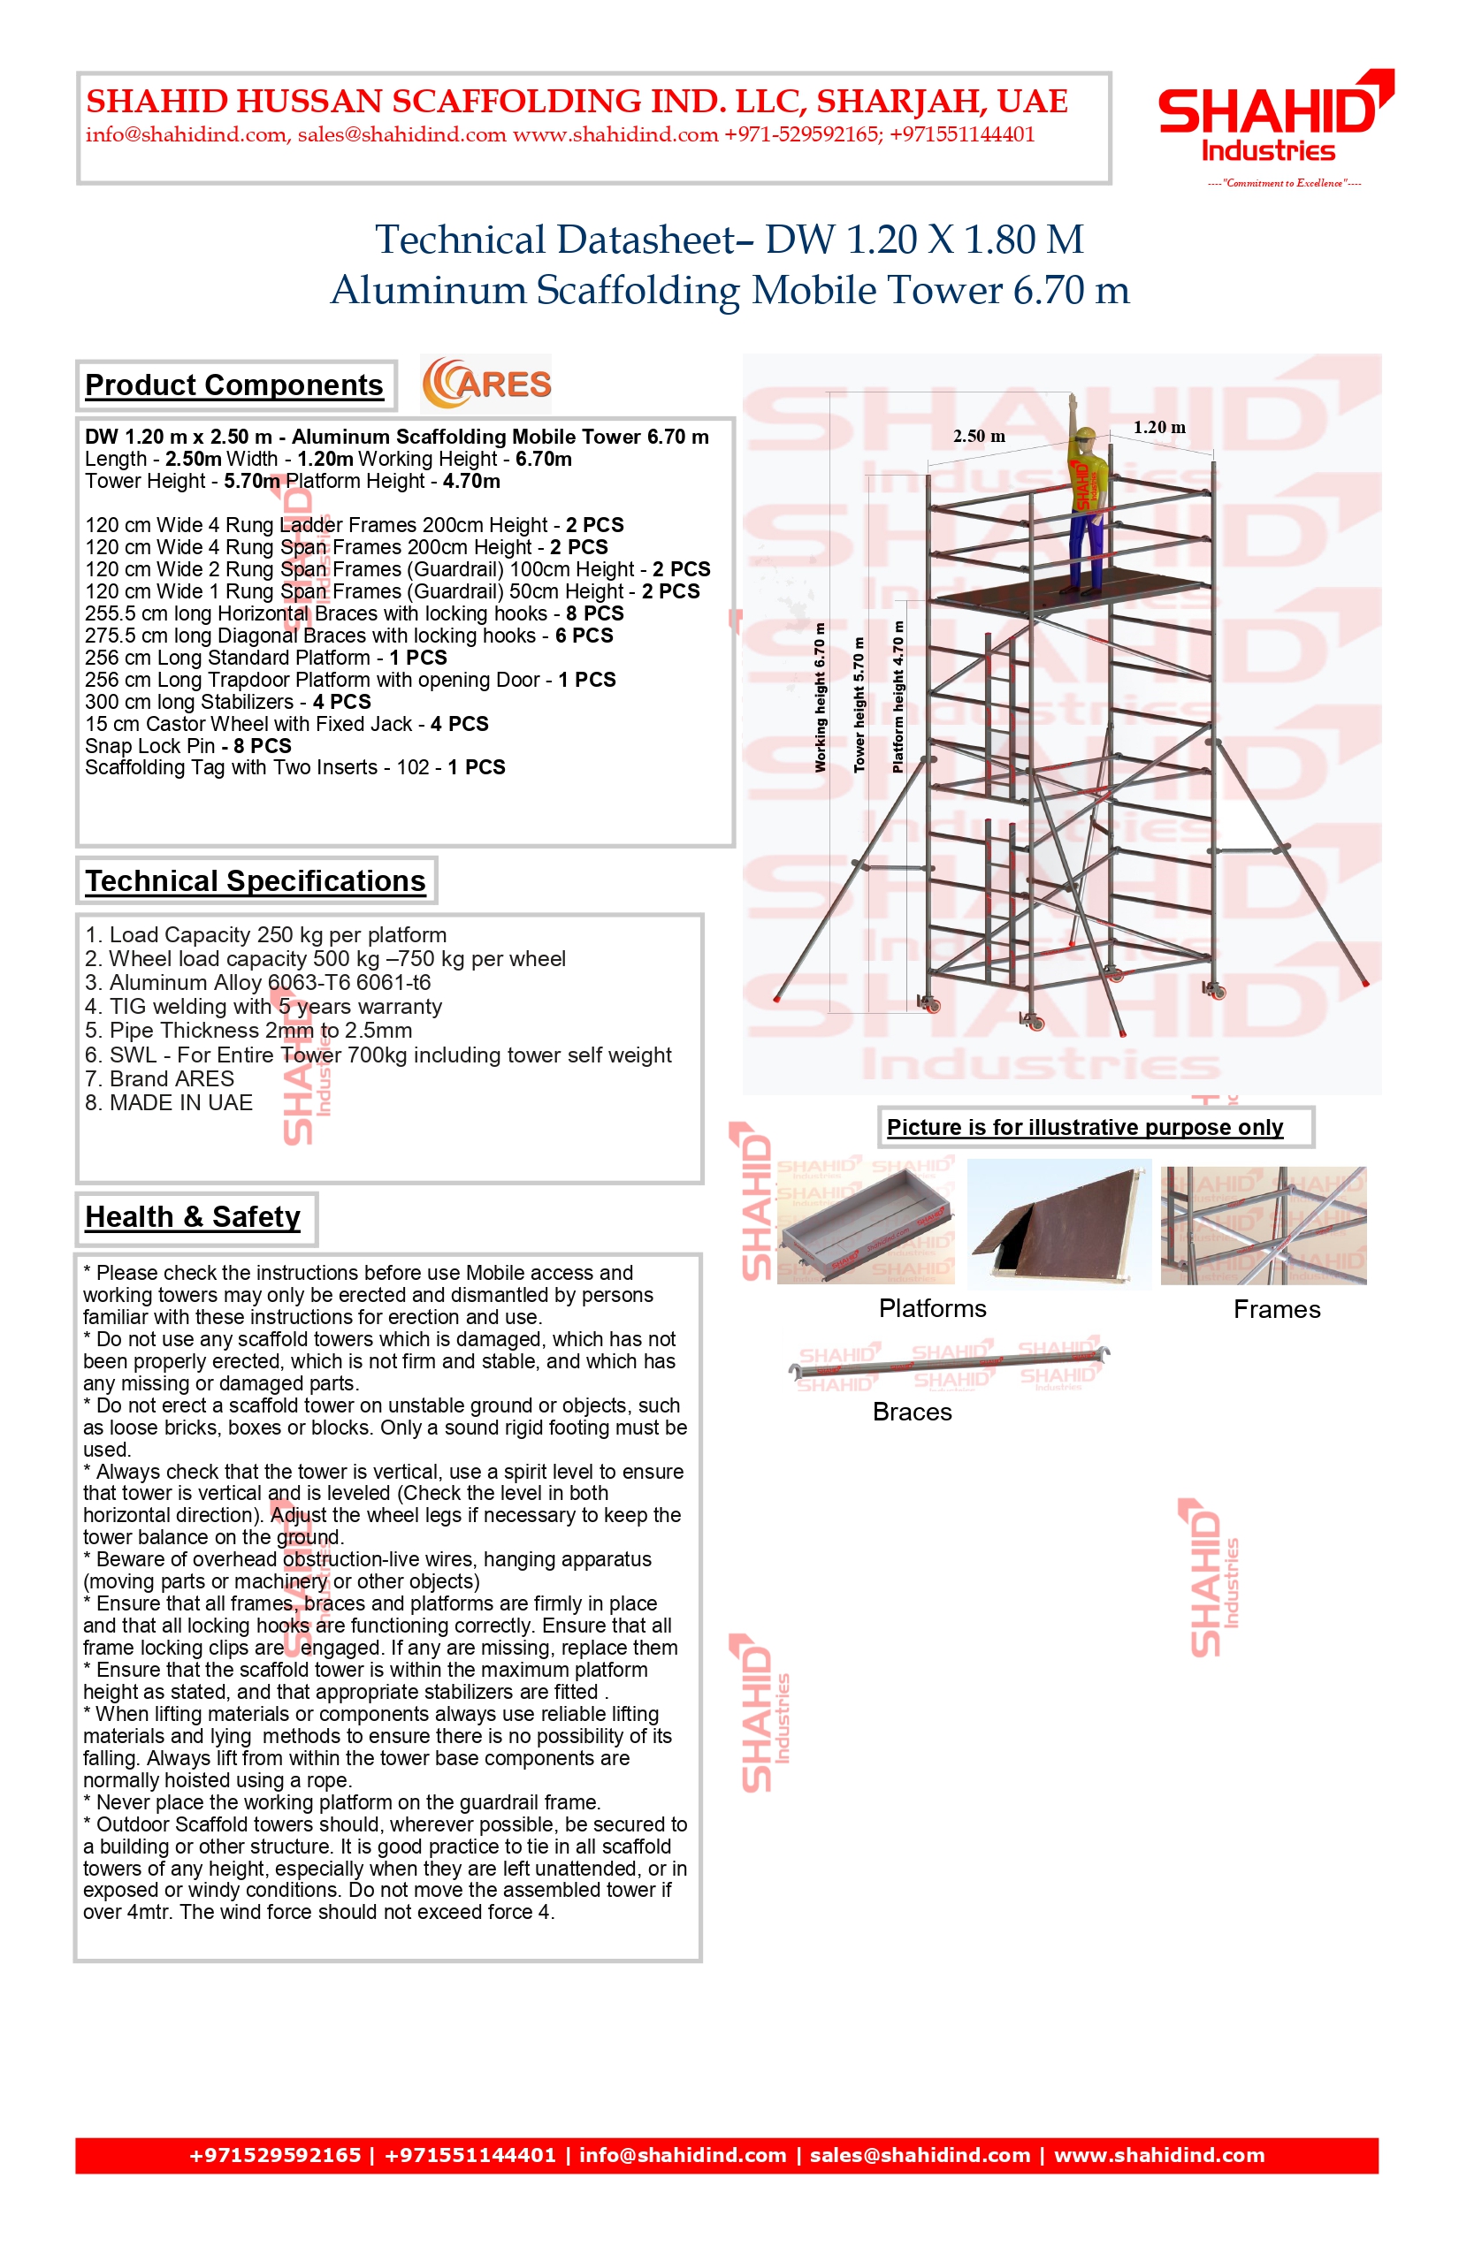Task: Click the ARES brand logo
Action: (x=487, y=384)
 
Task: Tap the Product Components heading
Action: (x=234, y=385)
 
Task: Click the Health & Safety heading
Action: (x=193, y=1217)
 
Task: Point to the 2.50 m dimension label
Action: (x=979, y=437)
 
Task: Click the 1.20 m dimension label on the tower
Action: (x=1158, y=427)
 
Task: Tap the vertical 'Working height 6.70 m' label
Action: (x=821, y=697)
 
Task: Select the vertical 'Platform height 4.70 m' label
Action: (x=898, y=697)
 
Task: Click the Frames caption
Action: (x=1276, y=1310)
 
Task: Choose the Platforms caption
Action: (x=932, y=1309)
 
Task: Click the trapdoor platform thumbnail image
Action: (x=1058, y=1222)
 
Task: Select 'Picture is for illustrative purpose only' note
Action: (x=1085, y=1127)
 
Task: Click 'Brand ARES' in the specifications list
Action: (x=159, y=1078)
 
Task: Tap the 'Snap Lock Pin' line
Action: (x=187, y=746)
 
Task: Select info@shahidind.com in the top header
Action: (x=186, y=134)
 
